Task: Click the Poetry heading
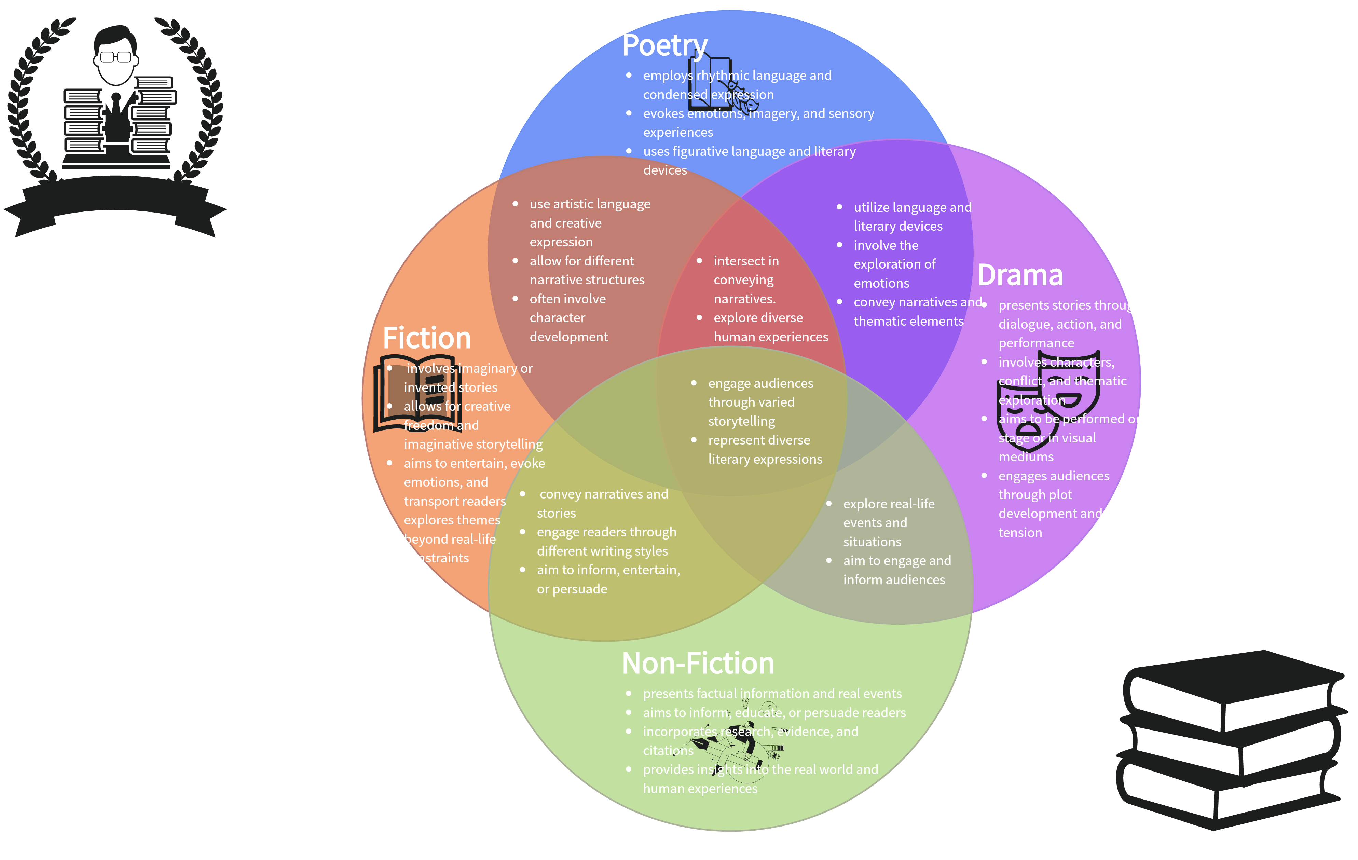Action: (x=664, y=46)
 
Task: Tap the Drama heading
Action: (x=1020, y=275)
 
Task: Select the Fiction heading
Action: (x=426, y=338)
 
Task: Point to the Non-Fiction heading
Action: (x=698, y=663)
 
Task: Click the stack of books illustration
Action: (x=1230, y=739)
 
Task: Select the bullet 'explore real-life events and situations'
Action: (x=888, y=523)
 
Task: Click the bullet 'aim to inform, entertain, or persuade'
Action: (x=608, y=579)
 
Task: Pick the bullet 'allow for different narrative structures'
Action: (x=587, y=270)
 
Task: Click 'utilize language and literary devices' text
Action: (x=912, y=217)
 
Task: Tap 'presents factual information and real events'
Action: (x=772, y=694)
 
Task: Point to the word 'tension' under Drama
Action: (x=1020, y=533)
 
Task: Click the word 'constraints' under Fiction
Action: (x=436, y=558)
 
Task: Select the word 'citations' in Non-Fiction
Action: (x=668, y=751)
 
